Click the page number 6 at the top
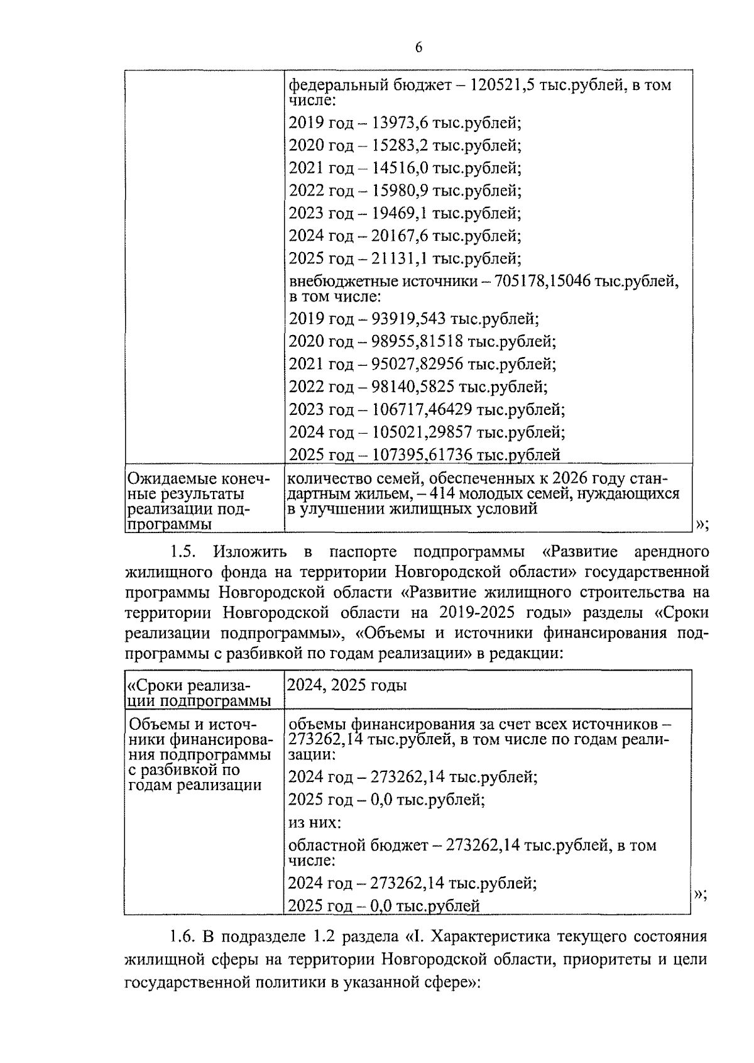point(418,48)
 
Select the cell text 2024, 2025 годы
point(346,685)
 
